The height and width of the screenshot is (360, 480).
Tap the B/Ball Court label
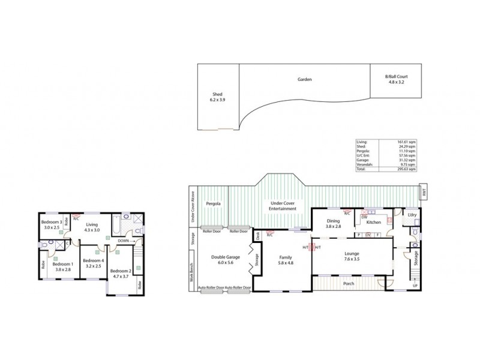(396, 79)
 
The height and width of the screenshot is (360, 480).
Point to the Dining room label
(333, 223)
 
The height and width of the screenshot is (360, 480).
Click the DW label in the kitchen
(364, 217)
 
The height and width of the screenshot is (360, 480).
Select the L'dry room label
(412, 215)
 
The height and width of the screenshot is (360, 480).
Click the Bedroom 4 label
(94, 263)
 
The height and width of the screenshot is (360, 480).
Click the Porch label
(348, 283)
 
